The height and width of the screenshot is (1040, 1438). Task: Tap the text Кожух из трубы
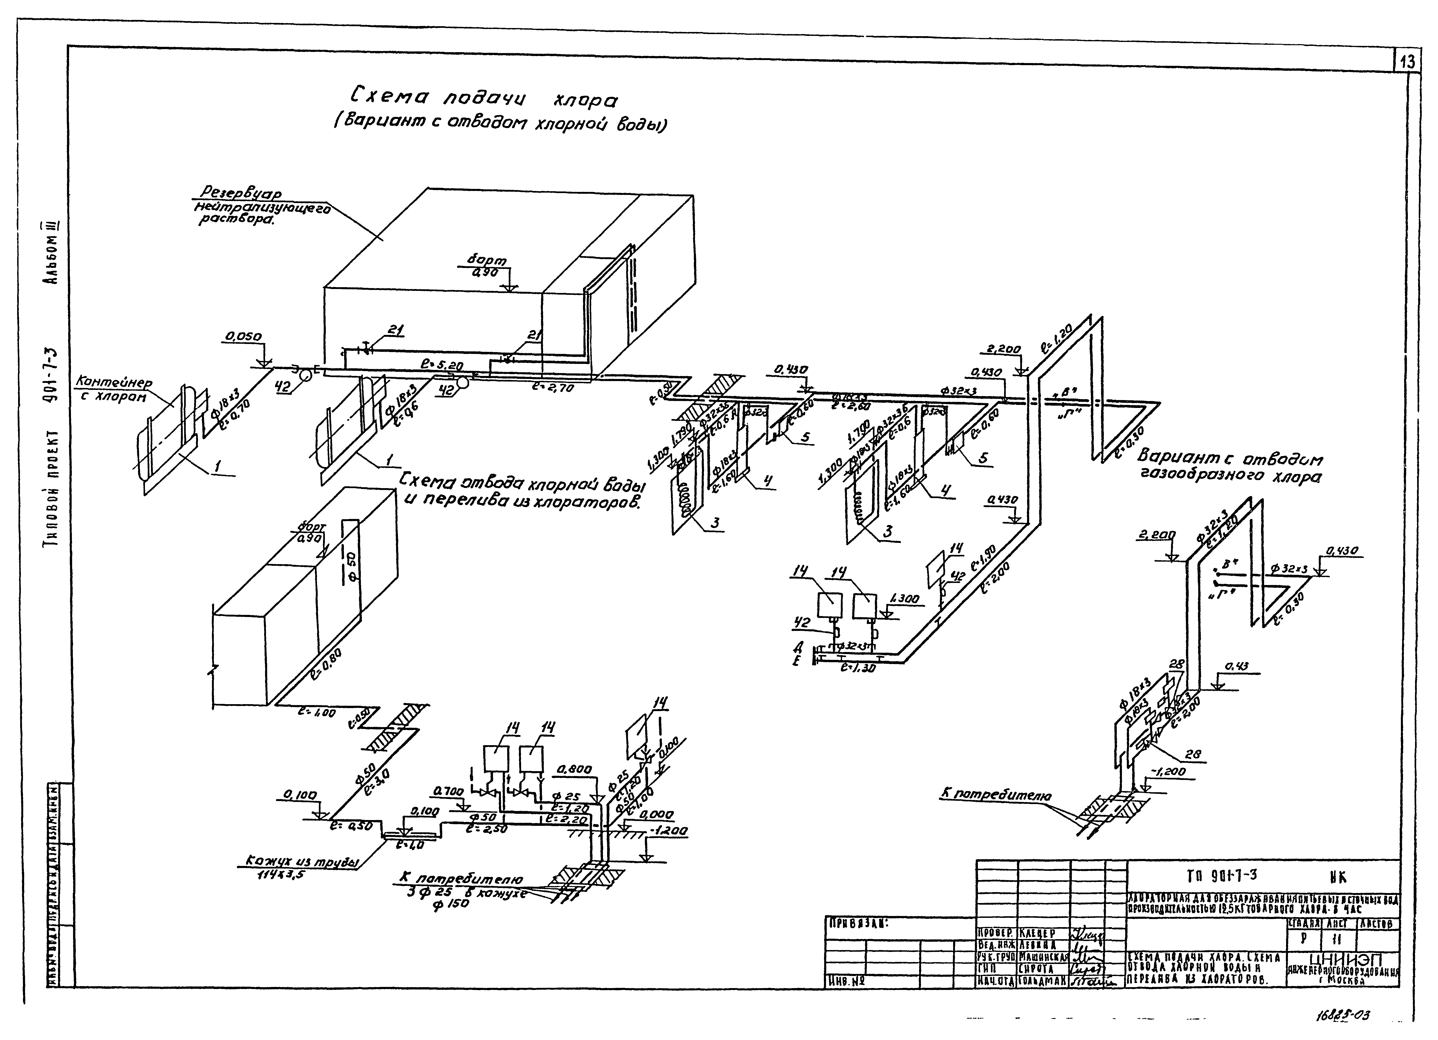(x=301, y=863)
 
